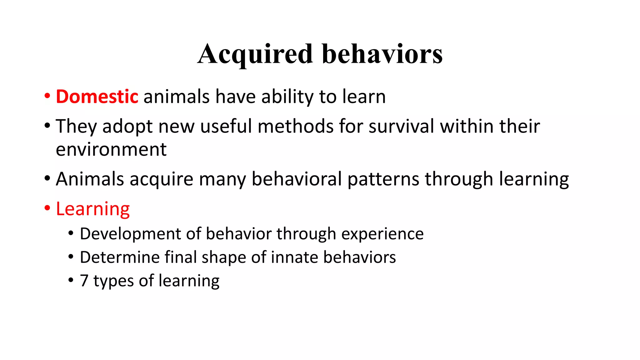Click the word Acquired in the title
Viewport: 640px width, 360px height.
tap(255, 54)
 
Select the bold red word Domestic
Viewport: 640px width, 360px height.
tap(97, 97)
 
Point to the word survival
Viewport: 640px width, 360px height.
tap(401, 126)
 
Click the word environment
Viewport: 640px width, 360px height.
tap(111, 149)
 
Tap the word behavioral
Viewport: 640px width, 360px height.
tap(297, 179)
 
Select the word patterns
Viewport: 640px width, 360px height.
tap(383, 179)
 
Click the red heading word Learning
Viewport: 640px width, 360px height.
tap(93, 209)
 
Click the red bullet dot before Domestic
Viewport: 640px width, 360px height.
tap(47, 96)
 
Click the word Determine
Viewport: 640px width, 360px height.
tap(119, 257)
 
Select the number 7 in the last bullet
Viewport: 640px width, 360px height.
tap(84, 281)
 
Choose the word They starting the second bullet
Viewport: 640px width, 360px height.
tap(76, 126)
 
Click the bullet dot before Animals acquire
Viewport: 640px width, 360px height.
tap(47, 178)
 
